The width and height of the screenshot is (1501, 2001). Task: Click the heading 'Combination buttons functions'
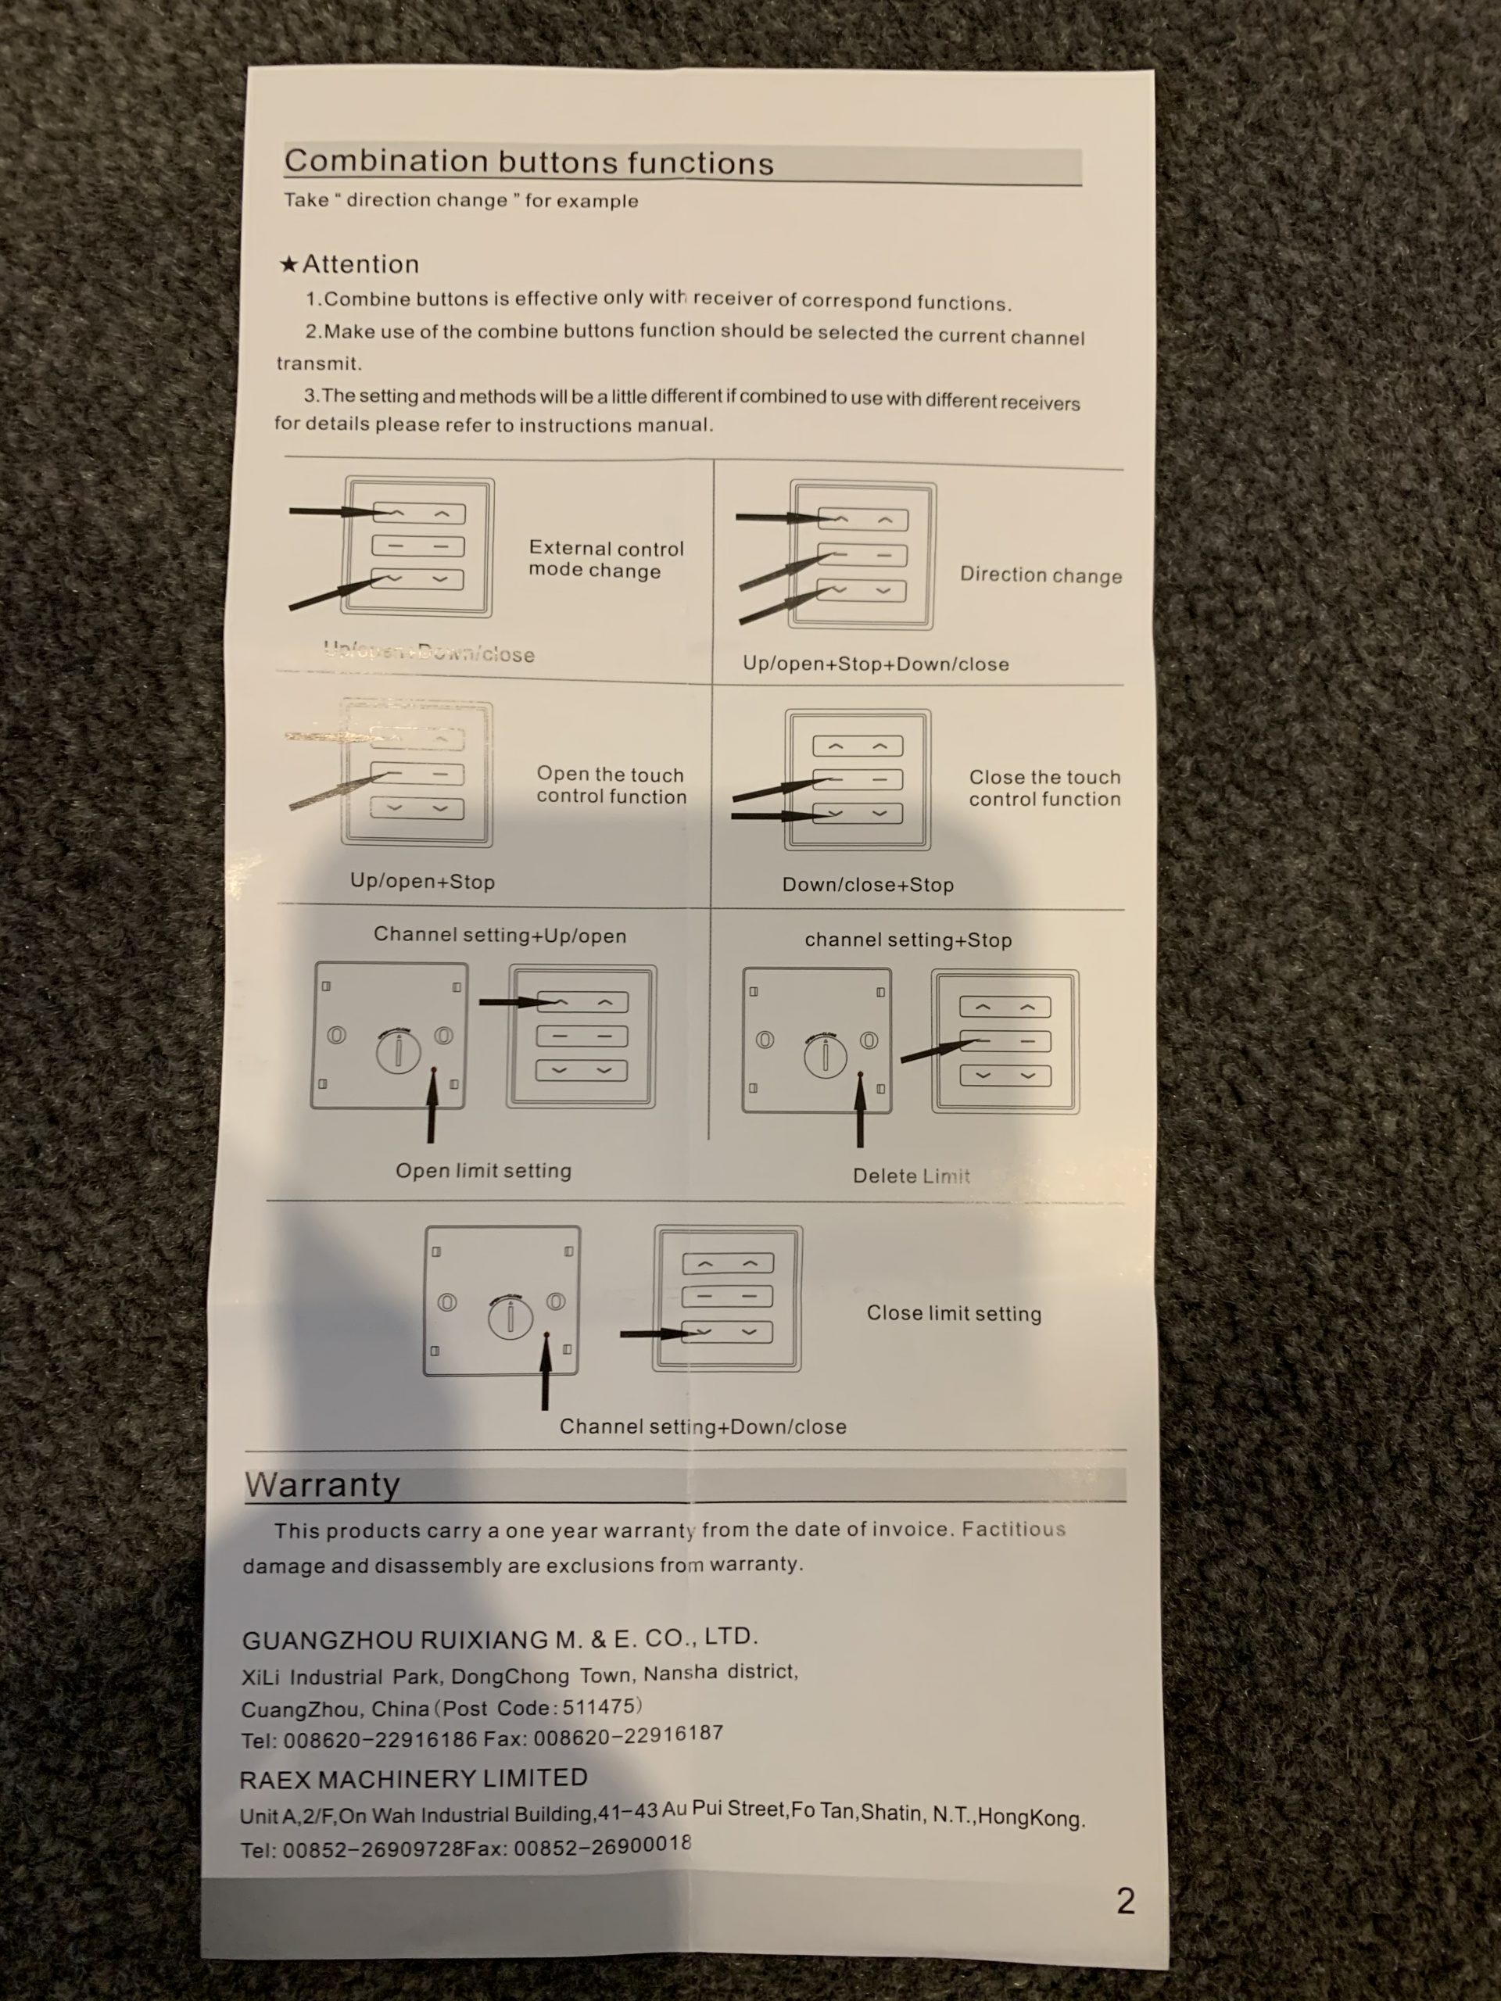point(528,163)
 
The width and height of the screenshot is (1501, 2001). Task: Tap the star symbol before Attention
point(288,265)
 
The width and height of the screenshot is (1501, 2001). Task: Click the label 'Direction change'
point(1041,575)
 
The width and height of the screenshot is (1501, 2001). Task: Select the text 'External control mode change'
point(605,560)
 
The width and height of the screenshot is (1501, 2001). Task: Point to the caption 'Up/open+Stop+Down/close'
point(875,664)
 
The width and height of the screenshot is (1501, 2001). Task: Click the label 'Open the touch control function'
point(611,786)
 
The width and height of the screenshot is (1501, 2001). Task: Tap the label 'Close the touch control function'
point(1044,788)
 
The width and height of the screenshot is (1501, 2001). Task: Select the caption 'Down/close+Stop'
point(868,885)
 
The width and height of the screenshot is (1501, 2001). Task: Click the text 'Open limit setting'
point(483,1171)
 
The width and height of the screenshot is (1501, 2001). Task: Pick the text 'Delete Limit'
point(910,1176)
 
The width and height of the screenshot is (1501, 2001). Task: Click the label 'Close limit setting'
point(954,1312)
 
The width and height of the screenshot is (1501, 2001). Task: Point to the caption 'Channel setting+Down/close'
point(702,1426)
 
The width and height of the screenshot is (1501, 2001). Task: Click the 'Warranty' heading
point(322,1484)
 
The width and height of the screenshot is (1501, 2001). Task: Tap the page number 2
point(1125,1901)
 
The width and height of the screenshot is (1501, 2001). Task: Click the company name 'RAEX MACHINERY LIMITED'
point(414,1778)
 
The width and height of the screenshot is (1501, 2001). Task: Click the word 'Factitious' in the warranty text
point(1013,1529)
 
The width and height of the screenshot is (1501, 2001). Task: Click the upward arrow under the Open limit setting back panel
point(432,1108)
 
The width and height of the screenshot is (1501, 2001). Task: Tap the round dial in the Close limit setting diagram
point(510,1317)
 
